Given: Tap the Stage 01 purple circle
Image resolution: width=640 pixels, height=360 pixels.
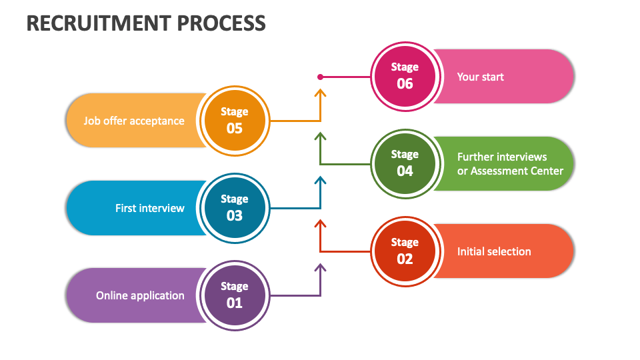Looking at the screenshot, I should click(234, 295).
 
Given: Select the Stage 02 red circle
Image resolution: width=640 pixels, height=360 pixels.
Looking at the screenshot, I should click(405, 251).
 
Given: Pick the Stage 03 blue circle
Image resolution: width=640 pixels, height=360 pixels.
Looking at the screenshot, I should click(234, 208).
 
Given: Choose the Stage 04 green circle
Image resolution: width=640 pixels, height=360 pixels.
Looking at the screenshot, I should click(405, 163).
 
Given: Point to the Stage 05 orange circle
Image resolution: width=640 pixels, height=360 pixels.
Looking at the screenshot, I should click(234, 121).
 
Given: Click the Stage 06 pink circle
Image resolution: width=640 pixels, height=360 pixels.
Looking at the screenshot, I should click(405, 76).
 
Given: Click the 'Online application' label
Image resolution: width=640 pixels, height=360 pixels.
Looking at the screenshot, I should click(140, 295).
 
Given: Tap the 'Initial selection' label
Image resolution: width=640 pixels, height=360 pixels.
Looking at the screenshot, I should click(494, 251).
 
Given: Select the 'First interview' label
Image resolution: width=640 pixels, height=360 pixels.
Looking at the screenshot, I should click(149, 208).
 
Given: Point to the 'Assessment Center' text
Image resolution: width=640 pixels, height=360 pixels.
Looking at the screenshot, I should click(517, 171).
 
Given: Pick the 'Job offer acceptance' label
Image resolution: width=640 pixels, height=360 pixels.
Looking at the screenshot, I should click(133, 121).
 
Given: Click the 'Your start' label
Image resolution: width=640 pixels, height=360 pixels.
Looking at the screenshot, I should click(480, 77).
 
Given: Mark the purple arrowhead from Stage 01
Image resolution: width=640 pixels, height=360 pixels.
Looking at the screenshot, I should click(320, 267).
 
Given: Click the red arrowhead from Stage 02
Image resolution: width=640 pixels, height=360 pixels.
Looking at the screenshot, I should click(320, 223).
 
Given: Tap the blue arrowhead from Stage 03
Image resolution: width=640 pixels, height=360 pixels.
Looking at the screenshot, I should click(320, 180).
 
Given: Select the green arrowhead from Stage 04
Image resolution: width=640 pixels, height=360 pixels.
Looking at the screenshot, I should click(320, 136).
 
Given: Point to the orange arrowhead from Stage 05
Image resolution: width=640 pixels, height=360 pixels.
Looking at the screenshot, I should click(320, 93).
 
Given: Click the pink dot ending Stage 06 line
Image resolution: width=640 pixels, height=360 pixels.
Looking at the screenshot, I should click(320, 77).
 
